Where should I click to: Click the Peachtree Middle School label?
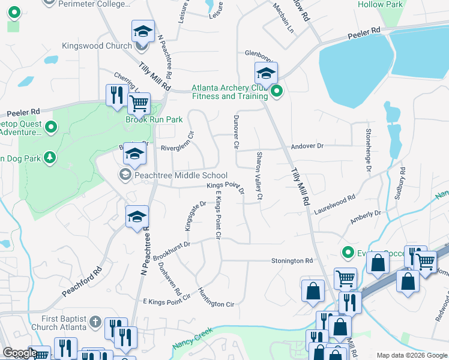[173, 175]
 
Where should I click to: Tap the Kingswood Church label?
[96, 46]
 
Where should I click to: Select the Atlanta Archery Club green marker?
[276, 92]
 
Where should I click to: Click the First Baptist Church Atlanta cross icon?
[95, 323]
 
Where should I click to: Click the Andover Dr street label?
[307, 146]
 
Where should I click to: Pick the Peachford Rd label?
[81, 280]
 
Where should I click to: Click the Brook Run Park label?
[154, 119]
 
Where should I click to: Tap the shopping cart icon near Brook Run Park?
[139, 104]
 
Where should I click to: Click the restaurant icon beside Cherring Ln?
[115, 95]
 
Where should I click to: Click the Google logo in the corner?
[20, 353]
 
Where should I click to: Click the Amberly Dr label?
[366, 217]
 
